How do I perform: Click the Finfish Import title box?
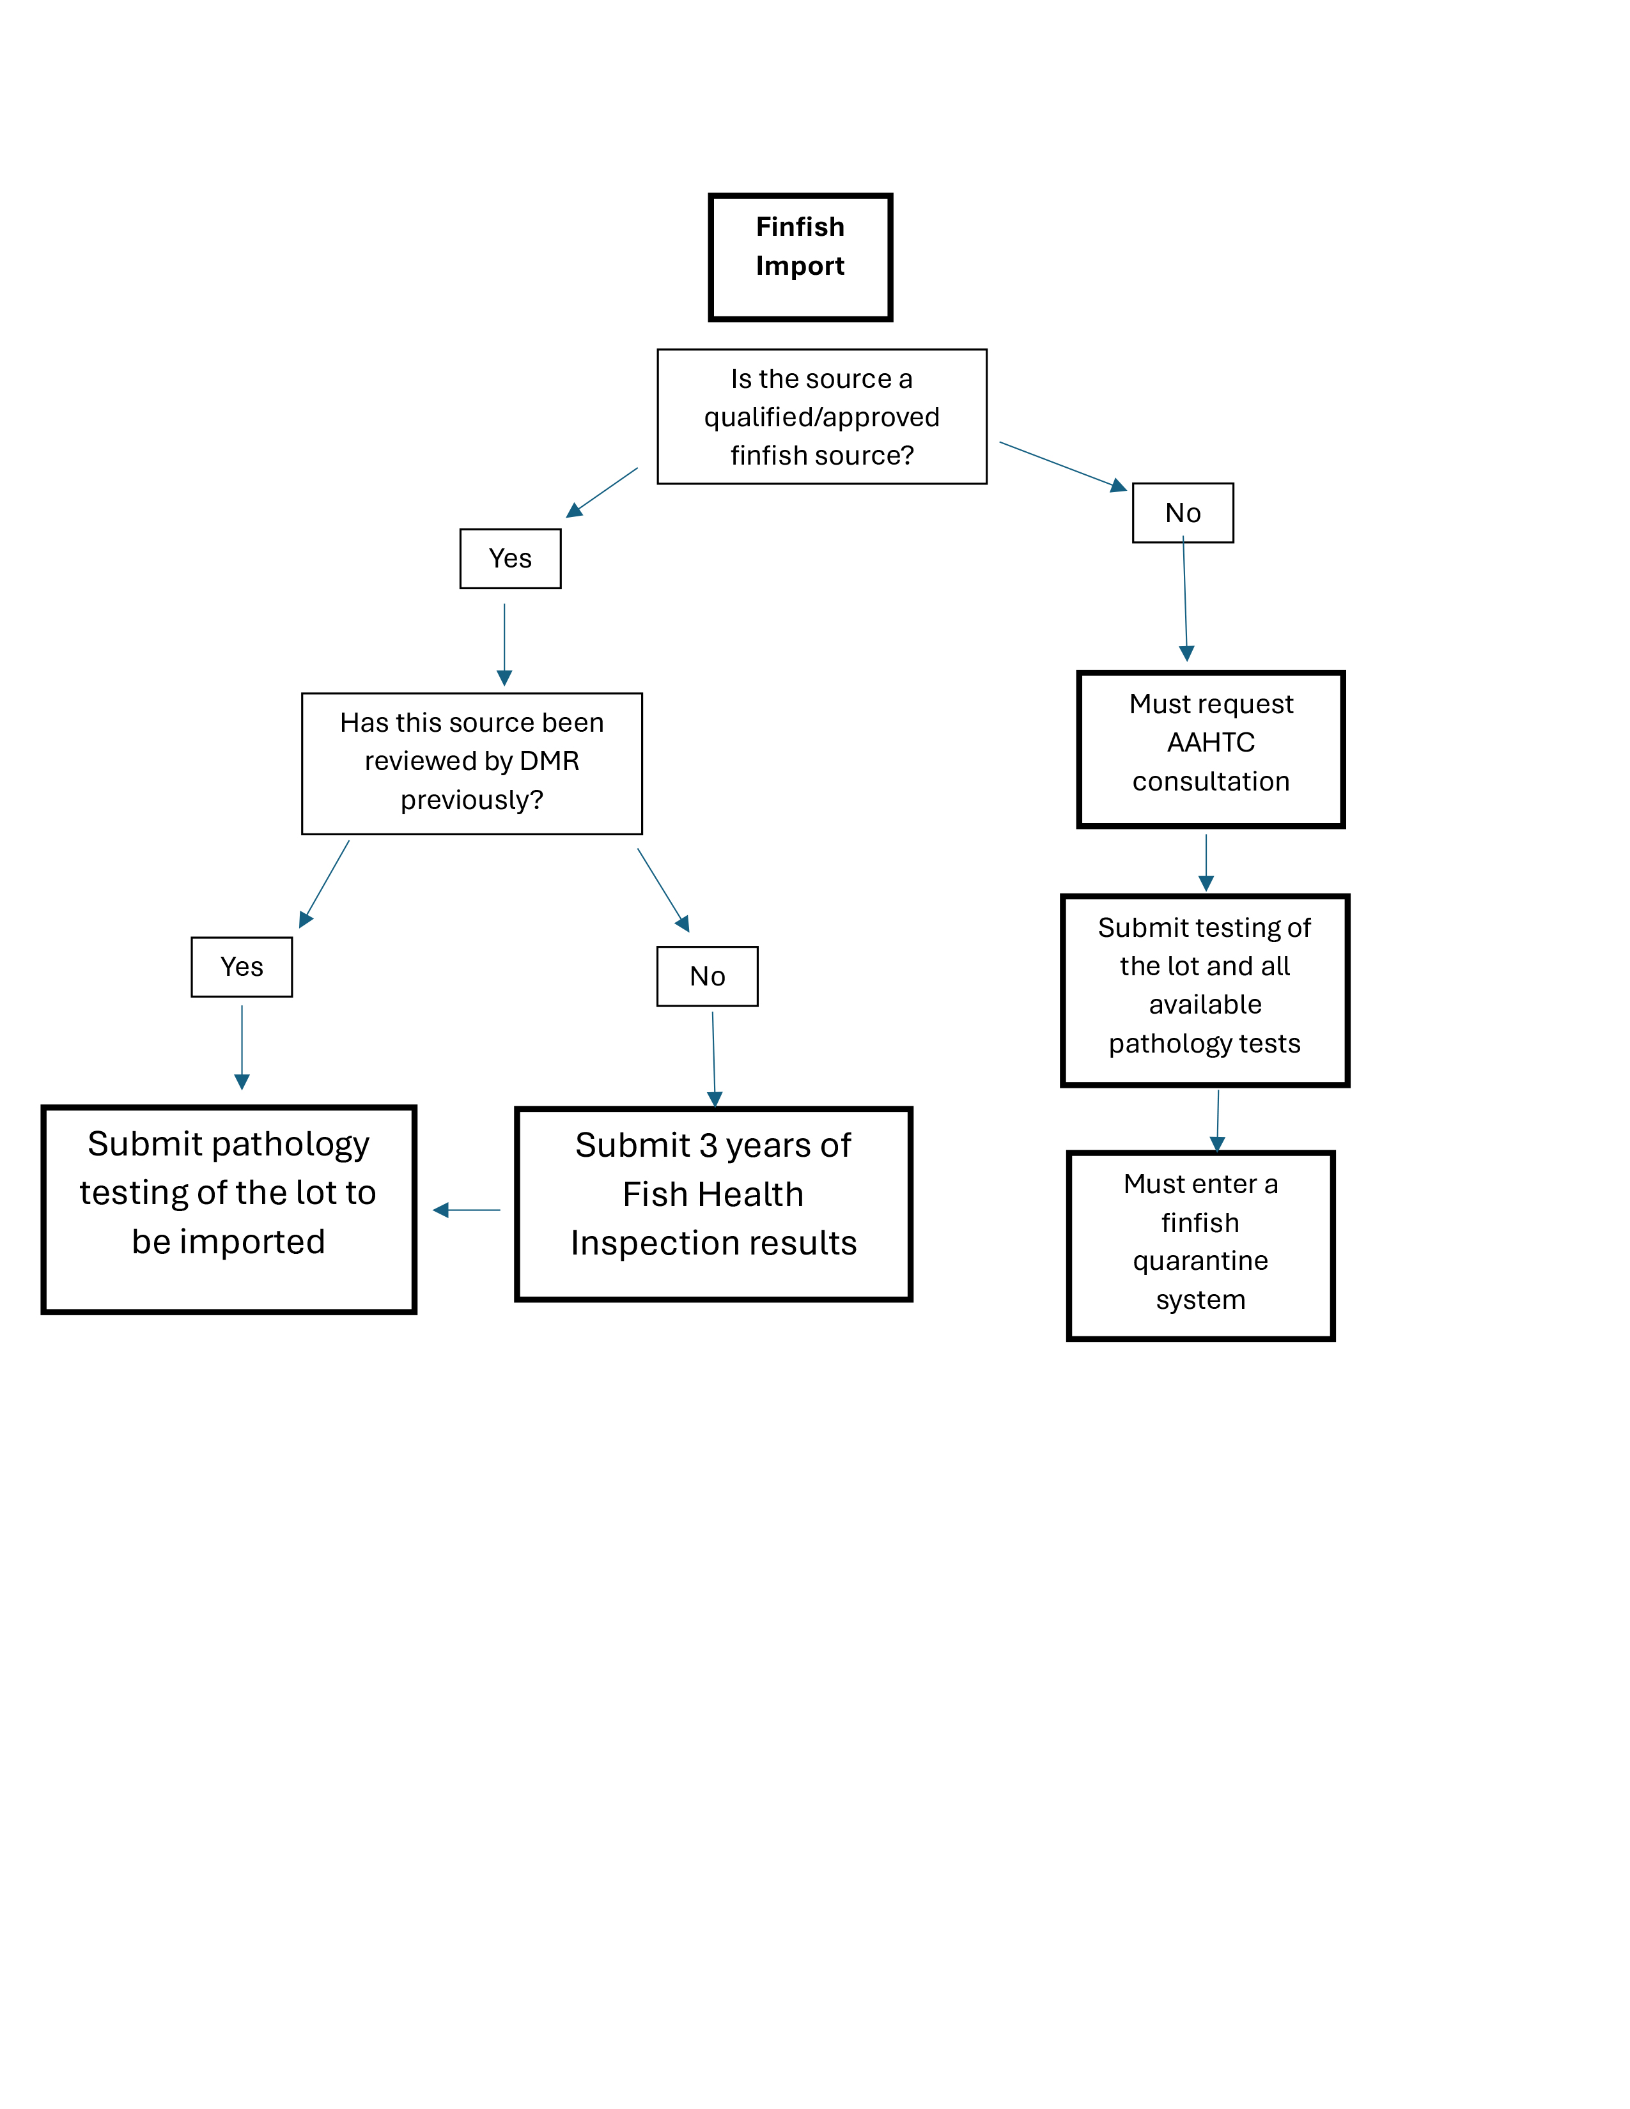(800, 257)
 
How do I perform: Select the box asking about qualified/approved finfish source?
(822, 416)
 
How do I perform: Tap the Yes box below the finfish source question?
(510, 558)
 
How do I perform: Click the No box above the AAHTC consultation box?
(1183, 513)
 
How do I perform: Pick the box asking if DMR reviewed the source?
(472, 763)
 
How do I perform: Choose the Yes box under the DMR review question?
(242, 966)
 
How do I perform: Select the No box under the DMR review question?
(708, 977)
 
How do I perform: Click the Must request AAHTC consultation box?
(1211, 750)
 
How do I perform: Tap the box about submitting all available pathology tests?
(1205, 991)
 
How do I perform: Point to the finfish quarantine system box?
(1201, 1246)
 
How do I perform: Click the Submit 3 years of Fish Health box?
(713, 1204)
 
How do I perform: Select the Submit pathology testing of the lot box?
(229, 1209)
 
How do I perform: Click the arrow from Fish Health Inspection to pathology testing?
(467, 1210)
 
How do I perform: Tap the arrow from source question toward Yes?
(602, 493)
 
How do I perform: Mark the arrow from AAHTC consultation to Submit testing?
(1206, 862)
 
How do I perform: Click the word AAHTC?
(1211, 743)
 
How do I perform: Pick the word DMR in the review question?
(550, 761)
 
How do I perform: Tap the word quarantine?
(1200, 1261)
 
